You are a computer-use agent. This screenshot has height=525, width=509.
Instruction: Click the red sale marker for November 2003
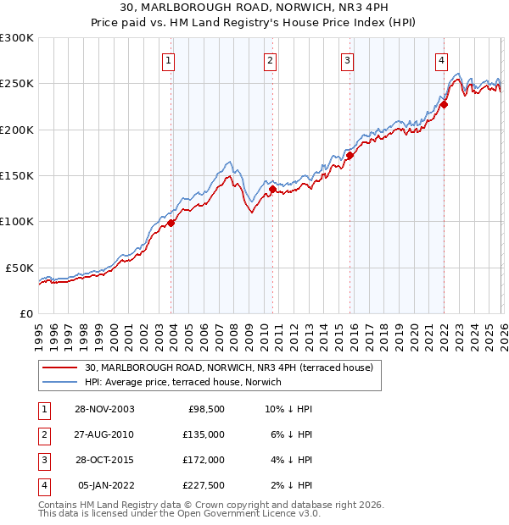[x=171, y=223]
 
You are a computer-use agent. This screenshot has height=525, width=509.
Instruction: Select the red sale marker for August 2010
[x=272, y=190]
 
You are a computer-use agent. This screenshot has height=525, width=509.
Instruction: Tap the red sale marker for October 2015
[x=350, y=156]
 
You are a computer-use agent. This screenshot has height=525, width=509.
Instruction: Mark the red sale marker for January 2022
[x=444, y=105]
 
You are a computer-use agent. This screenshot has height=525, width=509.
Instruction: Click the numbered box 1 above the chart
[x=169, y=60]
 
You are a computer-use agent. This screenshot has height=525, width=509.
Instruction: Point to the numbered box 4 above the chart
[x=442, y=60]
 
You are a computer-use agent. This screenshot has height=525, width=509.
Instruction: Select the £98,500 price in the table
[x=205, y=408]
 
